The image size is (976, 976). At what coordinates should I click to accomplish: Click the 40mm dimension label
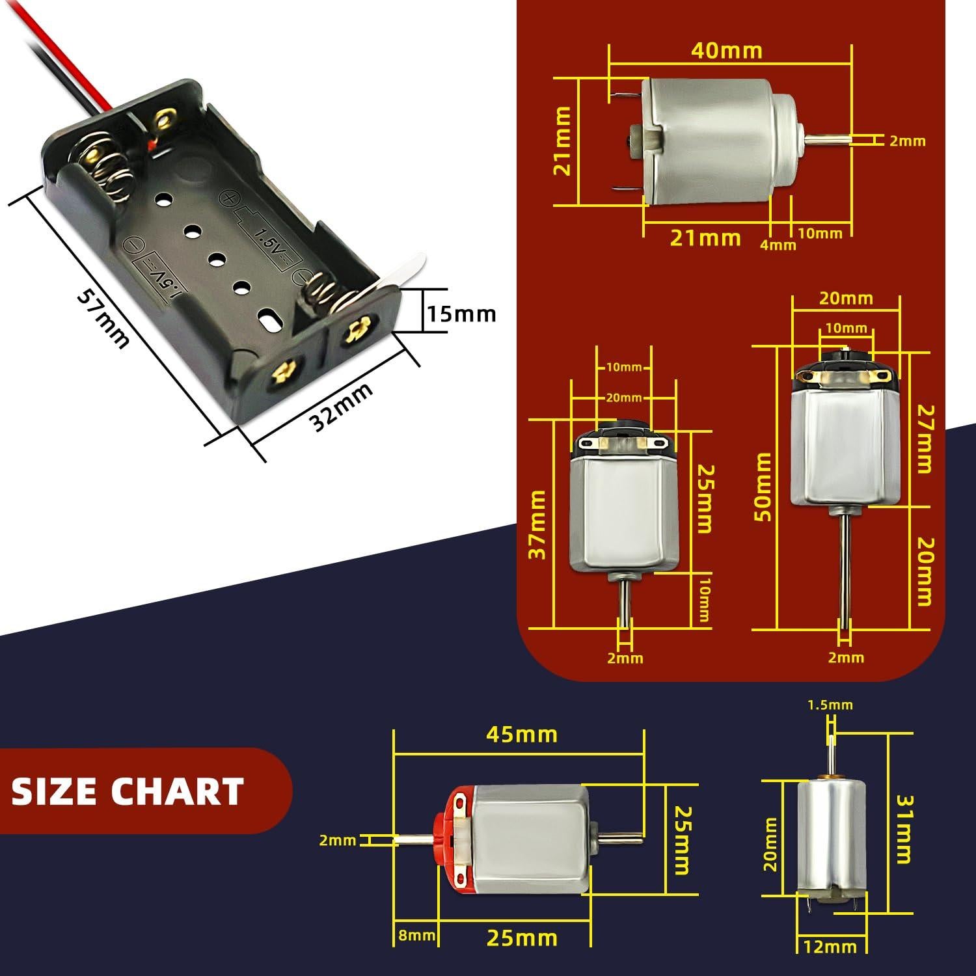(x=726, y=51)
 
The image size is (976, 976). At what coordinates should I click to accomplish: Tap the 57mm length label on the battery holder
(x=102, y=318)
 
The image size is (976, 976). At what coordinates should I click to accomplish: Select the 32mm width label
(x=342, y=407)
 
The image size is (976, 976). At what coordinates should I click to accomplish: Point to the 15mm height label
(x=461, y=314)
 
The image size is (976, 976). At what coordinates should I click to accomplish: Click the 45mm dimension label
(x=522, y=735)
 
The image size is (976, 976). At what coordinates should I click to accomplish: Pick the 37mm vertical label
(x=537, y=525)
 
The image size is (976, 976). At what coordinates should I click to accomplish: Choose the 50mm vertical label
(x=763, y=487)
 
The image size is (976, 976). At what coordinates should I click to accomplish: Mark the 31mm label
(x=903, y=829)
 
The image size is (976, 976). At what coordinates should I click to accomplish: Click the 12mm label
(x=830, y=946)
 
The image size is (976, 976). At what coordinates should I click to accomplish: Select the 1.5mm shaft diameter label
(x=830, y=705)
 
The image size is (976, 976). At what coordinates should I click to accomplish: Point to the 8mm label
(x=416, y=936)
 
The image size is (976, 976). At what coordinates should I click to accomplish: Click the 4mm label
(x=778, y=245)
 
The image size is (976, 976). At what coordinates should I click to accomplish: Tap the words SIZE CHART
(x=128, y=791)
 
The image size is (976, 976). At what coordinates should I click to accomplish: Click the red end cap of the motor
(x=449, y=839)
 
